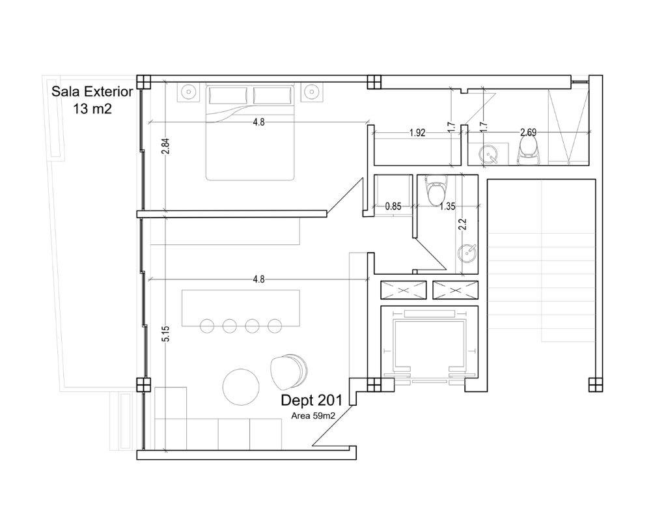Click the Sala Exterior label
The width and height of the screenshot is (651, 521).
[x=92, y=91]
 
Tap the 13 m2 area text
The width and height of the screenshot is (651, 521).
[x=92, y=109]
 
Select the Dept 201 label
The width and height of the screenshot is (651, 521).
[x=311, y=400]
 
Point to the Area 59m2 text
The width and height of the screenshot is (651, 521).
[x=313, y=415]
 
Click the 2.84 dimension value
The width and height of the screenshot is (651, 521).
[x=165, y=147]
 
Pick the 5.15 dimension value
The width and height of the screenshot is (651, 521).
[x=165, y=333]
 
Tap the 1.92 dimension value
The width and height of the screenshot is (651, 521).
[x=417, y=133]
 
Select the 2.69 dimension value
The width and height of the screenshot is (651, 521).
[x=528, y=133]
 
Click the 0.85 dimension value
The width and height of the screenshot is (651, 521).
[x=393, y=206]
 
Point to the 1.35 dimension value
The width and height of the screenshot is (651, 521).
[x=447, y=206]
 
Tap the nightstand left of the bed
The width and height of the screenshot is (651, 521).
[x=189, y=91]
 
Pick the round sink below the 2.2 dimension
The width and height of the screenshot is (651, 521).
[x=467, y=253]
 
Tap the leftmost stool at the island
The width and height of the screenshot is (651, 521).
[x=207, y=326]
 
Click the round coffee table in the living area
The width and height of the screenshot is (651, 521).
[x=241, y=387]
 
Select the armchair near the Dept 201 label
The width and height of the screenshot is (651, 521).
[x=288, y=373]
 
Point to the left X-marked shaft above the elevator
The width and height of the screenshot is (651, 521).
[x=404, y=290]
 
